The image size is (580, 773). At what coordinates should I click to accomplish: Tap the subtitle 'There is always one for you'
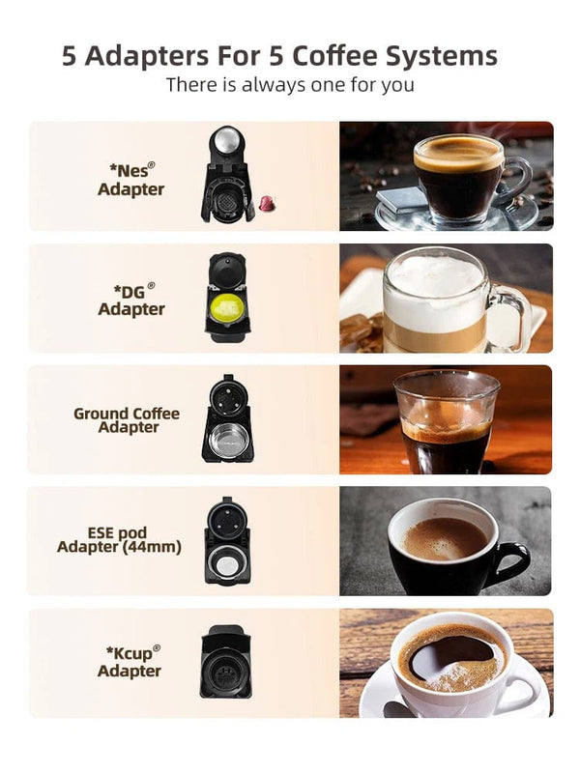[x=290, y=85]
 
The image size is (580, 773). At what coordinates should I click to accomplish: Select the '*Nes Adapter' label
[x=130, y=180]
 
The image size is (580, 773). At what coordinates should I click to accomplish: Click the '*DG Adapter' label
[x=130, y=300]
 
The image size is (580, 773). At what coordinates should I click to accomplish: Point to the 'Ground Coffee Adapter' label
[x=127, y=420]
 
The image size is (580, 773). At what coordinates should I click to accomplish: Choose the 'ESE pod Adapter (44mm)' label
[x=119, y=540]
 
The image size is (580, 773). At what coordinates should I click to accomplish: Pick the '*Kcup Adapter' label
[x=130, y=661]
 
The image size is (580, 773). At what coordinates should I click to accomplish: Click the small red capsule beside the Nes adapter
[x=265, y=203]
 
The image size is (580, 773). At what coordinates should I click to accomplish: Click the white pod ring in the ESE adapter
[x=227, y=566]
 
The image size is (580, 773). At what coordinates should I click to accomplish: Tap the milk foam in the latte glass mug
[x=432, y=277]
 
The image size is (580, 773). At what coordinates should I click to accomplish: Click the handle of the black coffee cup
[x=513, y=561]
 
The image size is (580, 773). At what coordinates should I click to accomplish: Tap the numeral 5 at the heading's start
[x=70, y=55]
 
